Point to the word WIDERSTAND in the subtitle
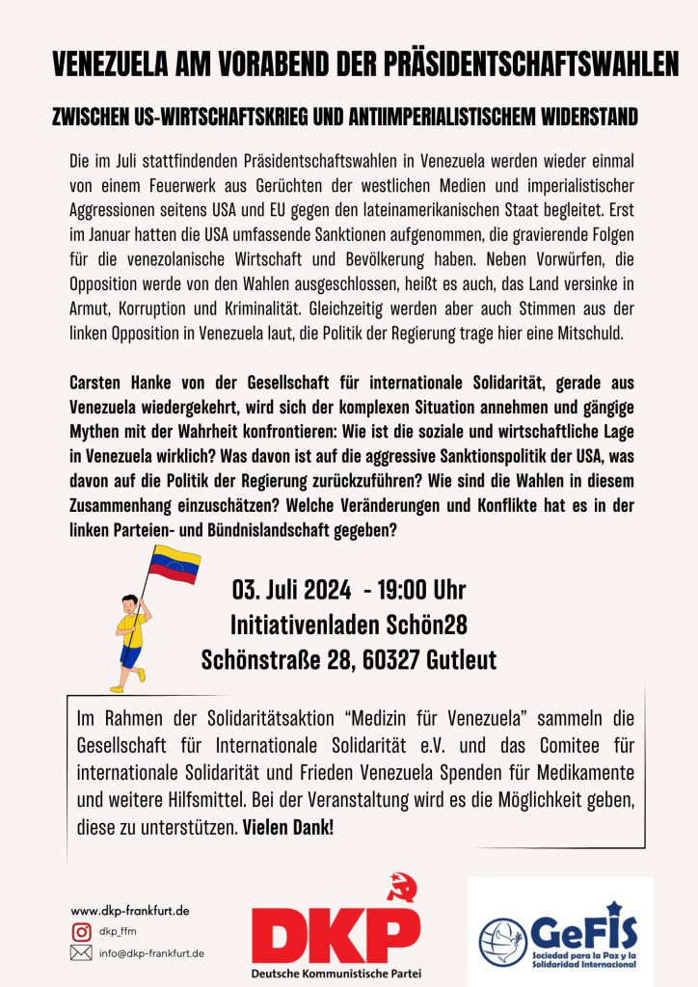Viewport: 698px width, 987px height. tap(585, 118)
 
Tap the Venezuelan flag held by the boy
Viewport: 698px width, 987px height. tap(174, 564)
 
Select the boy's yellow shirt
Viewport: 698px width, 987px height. tap(131, 632)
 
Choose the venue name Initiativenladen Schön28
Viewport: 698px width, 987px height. tap(349, 625)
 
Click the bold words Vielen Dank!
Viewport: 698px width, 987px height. tap(288, 827)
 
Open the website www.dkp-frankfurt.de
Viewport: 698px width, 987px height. tap(130, 910)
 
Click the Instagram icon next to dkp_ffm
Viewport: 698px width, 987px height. tap(81, 931)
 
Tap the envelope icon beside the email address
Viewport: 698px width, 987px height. tap(81, 953)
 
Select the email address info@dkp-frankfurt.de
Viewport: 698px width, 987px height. tap(151, 953)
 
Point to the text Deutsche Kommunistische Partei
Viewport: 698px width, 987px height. tap(336, 974)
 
